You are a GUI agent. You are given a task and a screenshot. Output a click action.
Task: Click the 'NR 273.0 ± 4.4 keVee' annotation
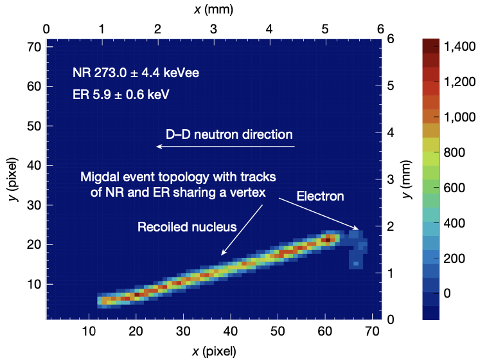[136, 73]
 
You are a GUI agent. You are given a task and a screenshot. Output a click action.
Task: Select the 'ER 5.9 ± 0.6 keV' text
[121, 94]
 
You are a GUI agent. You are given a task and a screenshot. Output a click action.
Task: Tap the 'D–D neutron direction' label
[229, 135]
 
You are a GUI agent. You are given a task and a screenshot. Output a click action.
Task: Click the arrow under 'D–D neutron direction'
[226, 147]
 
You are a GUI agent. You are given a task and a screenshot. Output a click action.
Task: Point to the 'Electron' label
[320, 196]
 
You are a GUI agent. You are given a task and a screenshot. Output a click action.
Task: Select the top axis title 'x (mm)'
[213, 9]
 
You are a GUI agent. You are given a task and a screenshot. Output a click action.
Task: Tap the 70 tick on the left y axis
[34, 47]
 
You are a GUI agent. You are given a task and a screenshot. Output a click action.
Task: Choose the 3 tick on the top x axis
[213, 30]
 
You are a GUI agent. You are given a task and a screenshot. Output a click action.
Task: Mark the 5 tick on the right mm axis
[391, 85]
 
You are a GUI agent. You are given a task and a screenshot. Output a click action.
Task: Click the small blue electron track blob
[355, 248]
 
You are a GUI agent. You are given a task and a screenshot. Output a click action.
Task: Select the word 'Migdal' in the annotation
[98, 177]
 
